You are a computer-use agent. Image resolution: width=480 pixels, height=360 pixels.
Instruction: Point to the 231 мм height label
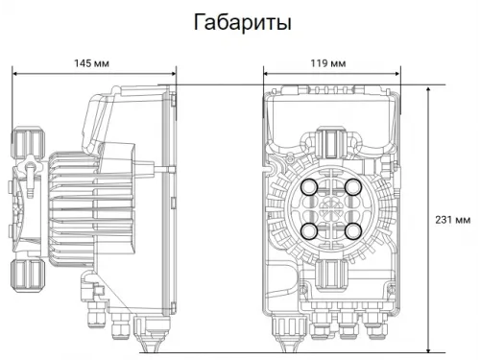click(451, 219)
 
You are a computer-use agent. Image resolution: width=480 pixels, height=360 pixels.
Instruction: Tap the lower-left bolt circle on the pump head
click(311, 230)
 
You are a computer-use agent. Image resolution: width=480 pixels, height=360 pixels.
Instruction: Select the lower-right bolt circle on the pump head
click(354, 230)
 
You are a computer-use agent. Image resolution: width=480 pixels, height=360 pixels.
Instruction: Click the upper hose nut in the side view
click(26, 143)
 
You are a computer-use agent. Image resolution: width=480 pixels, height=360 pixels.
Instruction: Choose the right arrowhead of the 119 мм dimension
click(396, 73)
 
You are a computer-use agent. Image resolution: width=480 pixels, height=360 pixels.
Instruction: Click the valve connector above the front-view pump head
click(332, 144)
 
